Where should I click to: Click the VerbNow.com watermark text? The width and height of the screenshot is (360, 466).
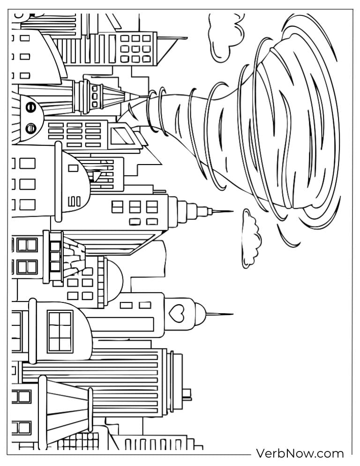click(300, 454)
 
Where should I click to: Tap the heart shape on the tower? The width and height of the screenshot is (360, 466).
click(176, 314)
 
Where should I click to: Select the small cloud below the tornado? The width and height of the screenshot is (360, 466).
click(251, 238)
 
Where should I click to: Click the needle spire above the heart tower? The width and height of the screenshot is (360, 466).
click(219, 314)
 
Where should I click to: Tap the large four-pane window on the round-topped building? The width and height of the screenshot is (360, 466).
click(60, 331)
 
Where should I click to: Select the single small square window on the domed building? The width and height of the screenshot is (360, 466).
click(73, 168)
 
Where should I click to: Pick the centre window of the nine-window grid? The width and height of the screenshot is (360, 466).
click(135, 48)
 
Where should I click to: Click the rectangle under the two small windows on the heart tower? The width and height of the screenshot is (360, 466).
click(121, 324)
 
